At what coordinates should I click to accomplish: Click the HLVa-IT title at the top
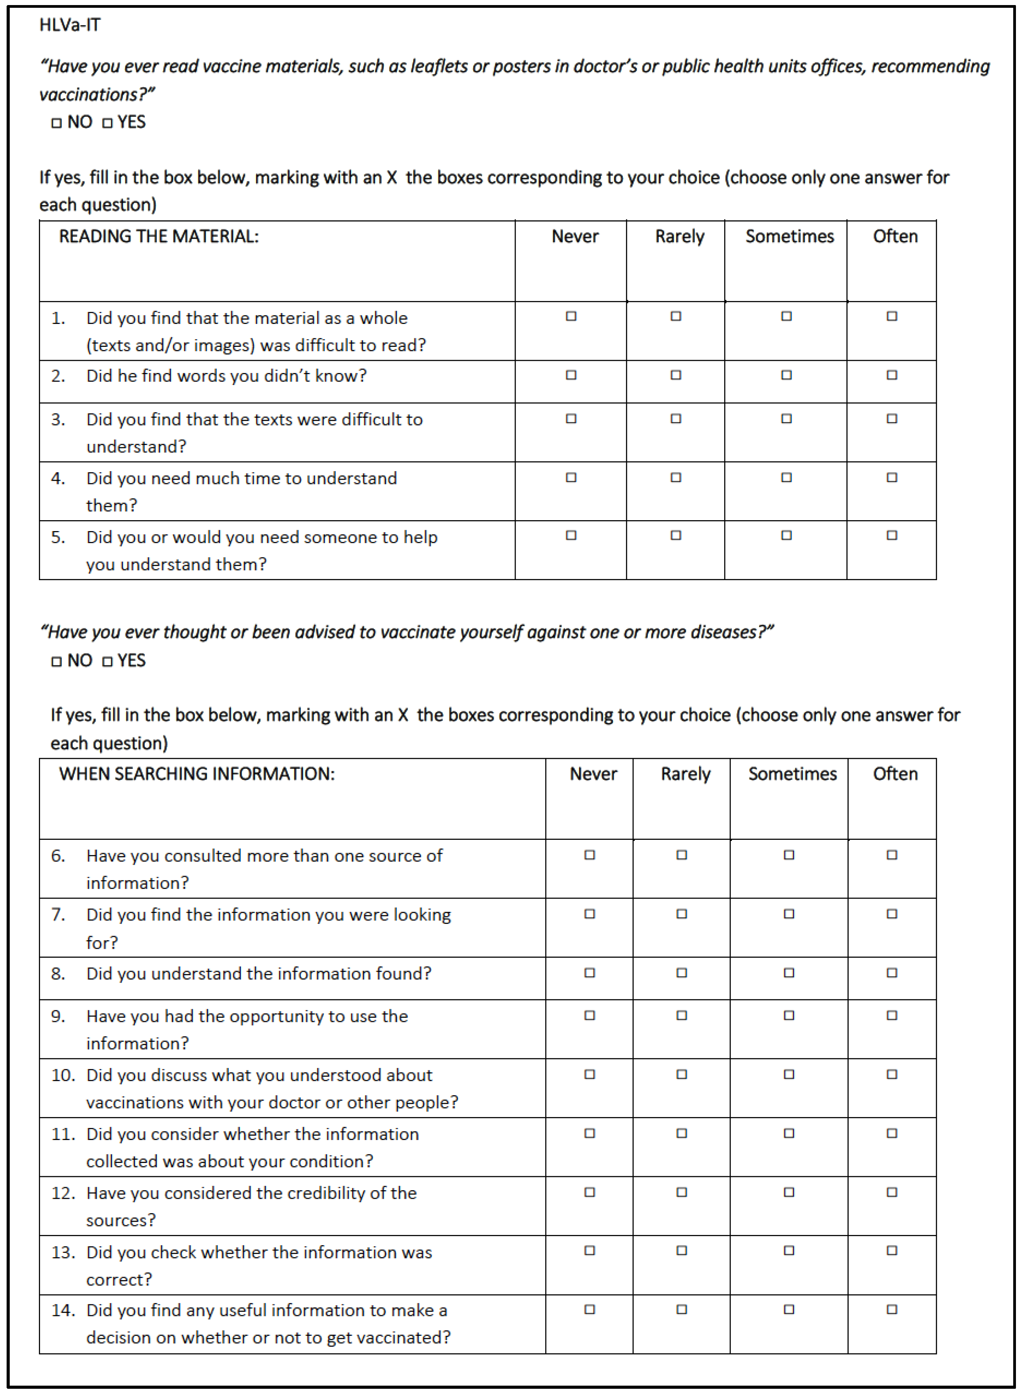pyautogui.click(x=69, y=25)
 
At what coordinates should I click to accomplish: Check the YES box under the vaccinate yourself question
pyautogui.click(x=107, y=661)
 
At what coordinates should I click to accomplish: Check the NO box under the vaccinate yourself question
pyautogui.click(x=56, y=661)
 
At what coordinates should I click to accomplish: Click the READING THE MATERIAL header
pyautogui.click(x=158, y=236)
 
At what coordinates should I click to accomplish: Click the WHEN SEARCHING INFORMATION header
pyautogui.click(x=196, y=774)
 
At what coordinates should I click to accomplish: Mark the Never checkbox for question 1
pyautogui.click(x=571, y=317)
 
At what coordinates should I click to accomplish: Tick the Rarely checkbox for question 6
pyautogui.click(x=682, y=855)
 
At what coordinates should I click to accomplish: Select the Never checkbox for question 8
pyautogui.click(x=589, y=973)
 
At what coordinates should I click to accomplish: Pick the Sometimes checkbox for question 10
pyautogui.click(x=789, y=1074)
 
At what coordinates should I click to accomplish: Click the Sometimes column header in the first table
pyautogui.click(x=789, y=236)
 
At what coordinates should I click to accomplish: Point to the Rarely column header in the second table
pyautogui.click(x=686, y=774)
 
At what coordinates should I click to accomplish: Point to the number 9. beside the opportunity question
pyautogui.click(x=58, y=1016)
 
